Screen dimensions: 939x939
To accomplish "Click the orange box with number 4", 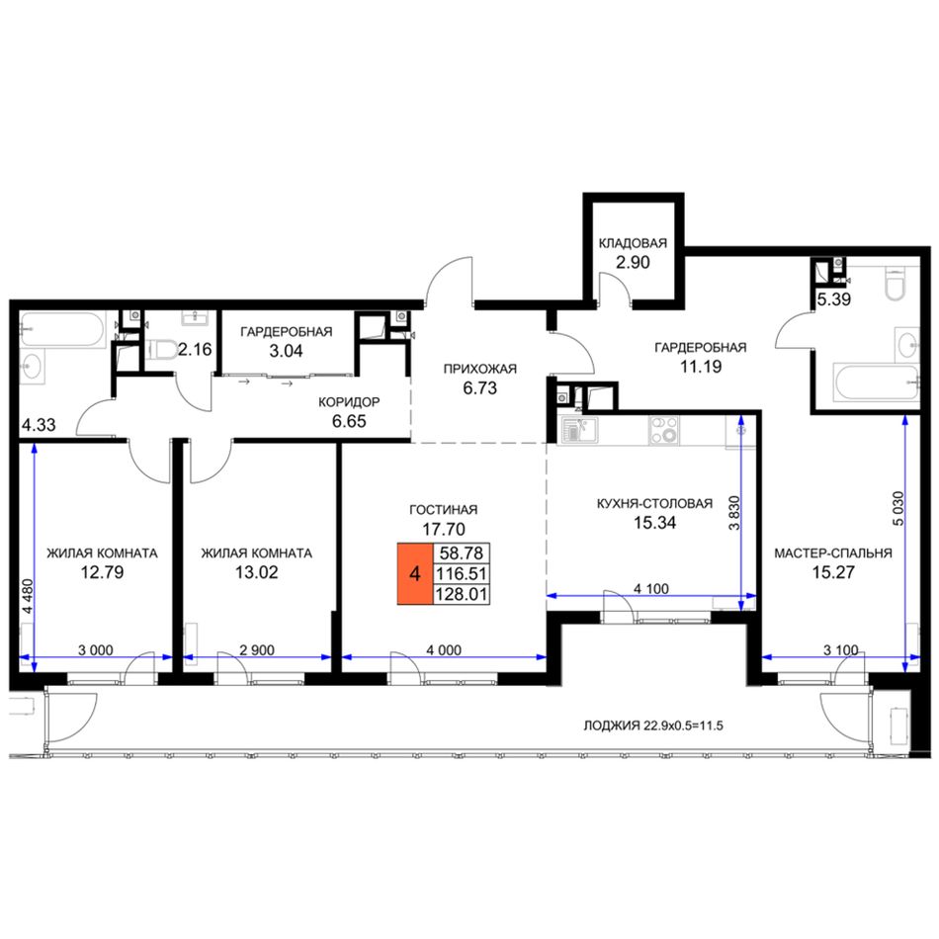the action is pyautogui.click(x=414, y=573).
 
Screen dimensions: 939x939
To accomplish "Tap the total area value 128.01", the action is pyautogui.click(x=462, y=595).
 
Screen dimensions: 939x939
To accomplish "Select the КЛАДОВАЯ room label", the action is pyautogui.click(x=633, y=242).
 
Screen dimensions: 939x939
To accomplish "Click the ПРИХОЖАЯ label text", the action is pyautogui.click(x=479, y=369).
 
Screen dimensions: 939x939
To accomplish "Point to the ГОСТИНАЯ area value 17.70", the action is pyautogui.click(x=443, y=529).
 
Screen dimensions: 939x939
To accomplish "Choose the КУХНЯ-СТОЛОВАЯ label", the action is pyautogui.click(x=654, y=504).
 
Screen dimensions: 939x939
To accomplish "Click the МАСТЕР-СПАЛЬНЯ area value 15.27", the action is pyautogui.click(x=833, y=572).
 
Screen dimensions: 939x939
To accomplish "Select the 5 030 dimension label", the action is pyautogui.click(x=897, y=509).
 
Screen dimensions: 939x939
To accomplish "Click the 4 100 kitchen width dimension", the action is pyautogui.click(x=651, y=589).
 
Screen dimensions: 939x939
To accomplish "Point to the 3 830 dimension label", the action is pyautogui.click(x=734, y=513).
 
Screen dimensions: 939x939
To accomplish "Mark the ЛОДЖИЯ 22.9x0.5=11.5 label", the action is pyautogui.click(x=653, y=726).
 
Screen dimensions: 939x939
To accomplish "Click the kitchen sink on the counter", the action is pyautogui.click(x=578, y=430).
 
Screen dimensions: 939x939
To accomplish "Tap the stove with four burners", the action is pyautogui.click(x=664, y=430).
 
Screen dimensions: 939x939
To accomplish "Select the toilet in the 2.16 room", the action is pyautogui.click(x=162, y=349).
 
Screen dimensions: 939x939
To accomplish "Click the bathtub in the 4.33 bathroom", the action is pyautogui.click(x=63, y=329).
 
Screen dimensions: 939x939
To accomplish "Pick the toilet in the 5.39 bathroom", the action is pyautogui.click(x=896, y=284).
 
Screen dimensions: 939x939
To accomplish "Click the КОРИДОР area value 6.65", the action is pyautogui.click(x=349, y=421).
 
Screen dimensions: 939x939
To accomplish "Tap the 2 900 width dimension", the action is pyautogui.click(x=257, y=649).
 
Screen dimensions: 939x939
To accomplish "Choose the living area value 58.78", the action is pyautogui.click(x=462, y=553).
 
